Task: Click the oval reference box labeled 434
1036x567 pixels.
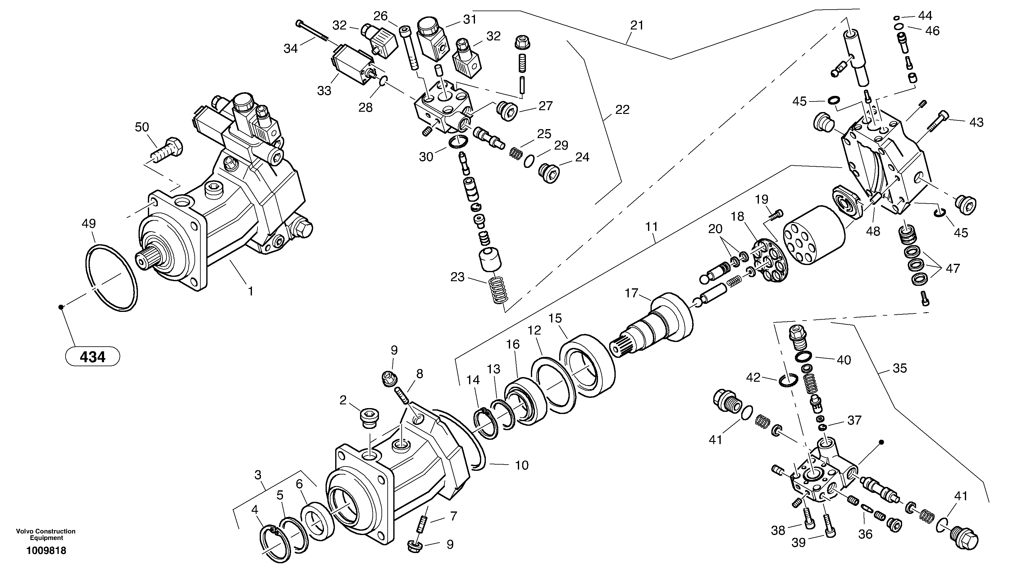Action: pos(93,357)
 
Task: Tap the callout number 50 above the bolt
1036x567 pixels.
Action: pos(142,127)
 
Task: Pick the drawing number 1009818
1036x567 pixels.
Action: pos(46,551)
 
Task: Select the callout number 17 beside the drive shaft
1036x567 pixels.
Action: pos(632,293)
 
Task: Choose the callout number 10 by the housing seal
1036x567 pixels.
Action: pos(522,465)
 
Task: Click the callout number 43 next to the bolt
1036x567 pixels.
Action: pos(976,123)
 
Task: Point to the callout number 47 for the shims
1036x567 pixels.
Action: pos(953,268)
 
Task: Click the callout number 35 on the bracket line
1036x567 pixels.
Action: pos(900,368)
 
